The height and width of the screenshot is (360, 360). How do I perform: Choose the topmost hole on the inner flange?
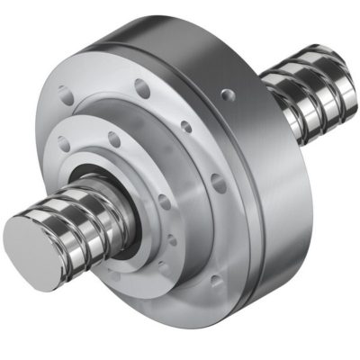click(x=114, y=139)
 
